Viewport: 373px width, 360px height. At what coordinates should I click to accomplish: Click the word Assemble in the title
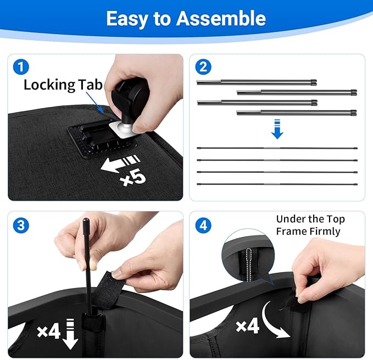tap(221, 18)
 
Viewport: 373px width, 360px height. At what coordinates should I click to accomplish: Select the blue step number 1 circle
tap(21, 67)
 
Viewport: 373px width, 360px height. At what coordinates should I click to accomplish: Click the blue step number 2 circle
tap(203, 67)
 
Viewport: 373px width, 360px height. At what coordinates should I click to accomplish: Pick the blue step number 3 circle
tap(21, 225)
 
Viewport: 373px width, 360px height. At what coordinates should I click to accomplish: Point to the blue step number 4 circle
tap(203, 225)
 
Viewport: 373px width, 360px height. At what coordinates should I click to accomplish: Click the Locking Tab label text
tap(63, 85)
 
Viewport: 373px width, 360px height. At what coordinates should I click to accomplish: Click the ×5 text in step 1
tap(133, 178)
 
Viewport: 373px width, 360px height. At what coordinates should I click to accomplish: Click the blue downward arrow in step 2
tap(277, 129)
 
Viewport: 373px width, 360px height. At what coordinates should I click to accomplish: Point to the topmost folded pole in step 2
tap(257, 82)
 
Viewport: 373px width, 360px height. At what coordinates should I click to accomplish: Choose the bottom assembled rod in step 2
tap(277, 184)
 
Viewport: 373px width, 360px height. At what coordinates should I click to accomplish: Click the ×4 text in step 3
tap(49, 331)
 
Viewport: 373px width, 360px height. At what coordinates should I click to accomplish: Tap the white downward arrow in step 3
tap(70, 334)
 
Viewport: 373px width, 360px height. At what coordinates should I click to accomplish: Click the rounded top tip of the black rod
tap(86, 220)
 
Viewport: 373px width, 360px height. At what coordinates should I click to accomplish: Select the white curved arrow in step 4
tap(274, 319)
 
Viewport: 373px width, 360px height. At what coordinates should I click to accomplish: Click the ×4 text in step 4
tap(247, 326)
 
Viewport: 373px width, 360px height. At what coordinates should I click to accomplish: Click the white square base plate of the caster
tap(123, 130)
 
